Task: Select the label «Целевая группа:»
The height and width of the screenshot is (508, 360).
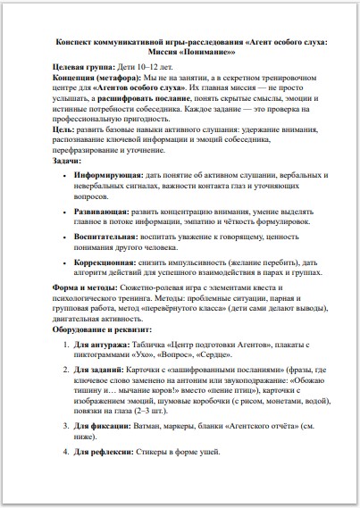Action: pos(82,68)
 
